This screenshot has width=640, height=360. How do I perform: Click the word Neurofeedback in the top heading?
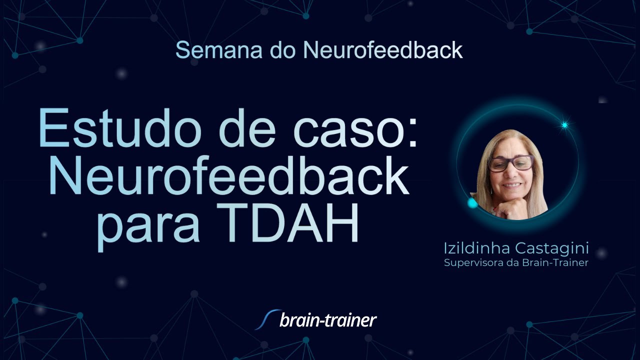383,50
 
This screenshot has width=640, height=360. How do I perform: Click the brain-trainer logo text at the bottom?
328,320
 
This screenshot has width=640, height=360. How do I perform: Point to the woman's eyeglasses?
510,163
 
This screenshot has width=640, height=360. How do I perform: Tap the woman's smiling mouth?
512,185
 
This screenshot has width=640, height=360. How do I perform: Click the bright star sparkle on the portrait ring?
564,125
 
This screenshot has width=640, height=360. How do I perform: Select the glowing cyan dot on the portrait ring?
472,203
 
